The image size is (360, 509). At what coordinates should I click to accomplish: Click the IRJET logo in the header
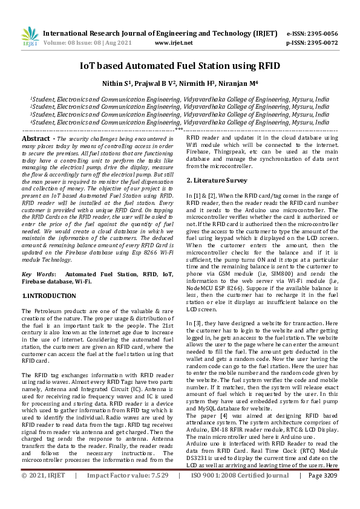click(30, 37)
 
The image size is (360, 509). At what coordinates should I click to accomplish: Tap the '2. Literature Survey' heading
click(217, 180)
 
